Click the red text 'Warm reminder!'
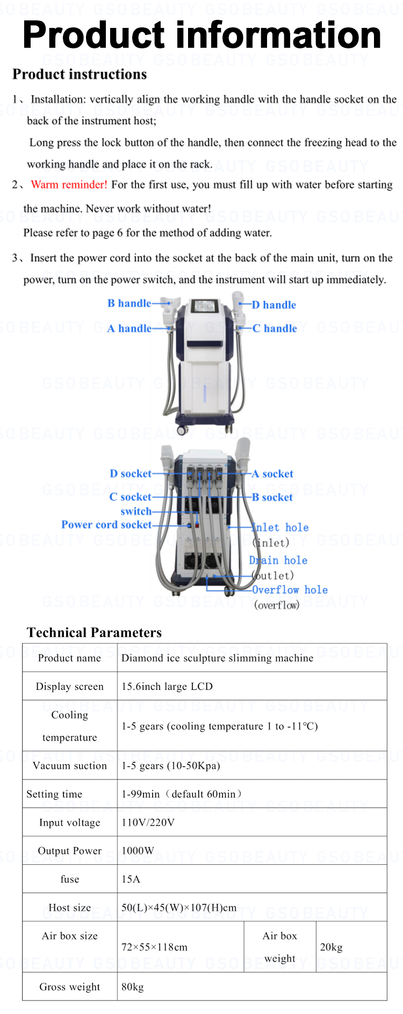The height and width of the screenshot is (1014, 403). click(x=69, y=185)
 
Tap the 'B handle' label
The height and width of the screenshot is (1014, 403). click(x=129, y=303)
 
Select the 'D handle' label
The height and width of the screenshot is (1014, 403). click(x=274, y=305)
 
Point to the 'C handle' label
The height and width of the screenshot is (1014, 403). click(x=275, y=329)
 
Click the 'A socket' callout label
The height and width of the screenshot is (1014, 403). click(x=272, y=474)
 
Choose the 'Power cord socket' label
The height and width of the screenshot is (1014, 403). click(x=106, y=524)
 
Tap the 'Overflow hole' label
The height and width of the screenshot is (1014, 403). click(x=290, y=590)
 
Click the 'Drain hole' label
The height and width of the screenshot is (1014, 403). click(x=278, y=560)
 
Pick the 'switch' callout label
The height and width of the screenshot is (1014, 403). click(x=136, y=512)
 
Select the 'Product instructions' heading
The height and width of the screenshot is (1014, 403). click(x=80, y=74)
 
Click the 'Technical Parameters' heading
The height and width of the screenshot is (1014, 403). click(x=94, y=632)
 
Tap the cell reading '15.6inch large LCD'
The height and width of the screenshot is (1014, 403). click(x=167, y=687)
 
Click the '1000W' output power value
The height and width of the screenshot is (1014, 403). click(x=138, y=851)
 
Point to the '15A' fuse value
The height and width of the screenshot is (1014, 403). click(x=131, y=879)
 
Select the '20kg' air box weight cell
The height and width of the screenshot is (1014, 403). click(x=331, y=947)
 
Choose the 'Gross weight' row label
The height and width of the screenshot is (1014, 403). click(x=70, y=987)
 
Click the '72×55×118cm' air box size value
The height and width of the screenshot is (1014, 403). click(x=155, y=947)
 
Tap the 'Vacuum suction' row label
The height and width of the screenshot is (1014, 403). click(x=70, y=765)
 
